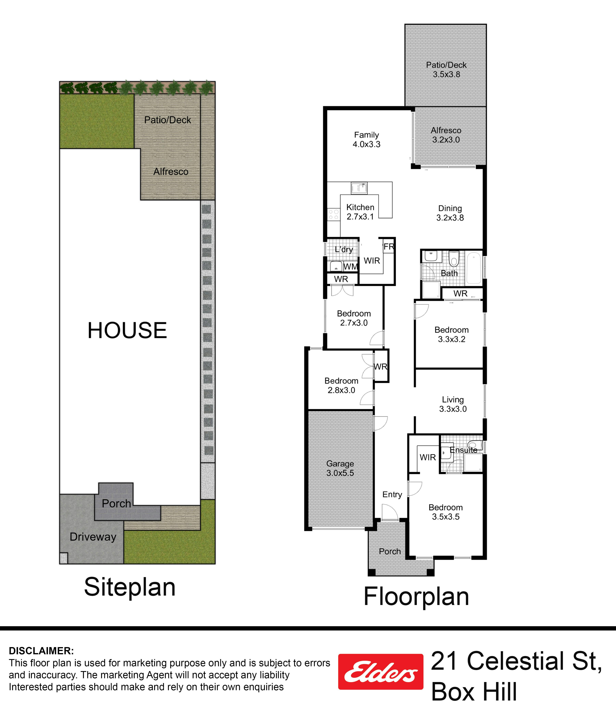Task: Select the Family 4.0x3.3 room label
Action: pyautogui.click(x=367, y=140)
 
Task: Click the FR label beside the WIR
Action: pyautogui.click(x=389, y=247)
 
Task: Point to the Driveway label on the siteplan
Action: pyautogui.click(x=93, y=537)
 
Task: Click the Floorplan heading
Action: pyautogui.click(x=416, y=596)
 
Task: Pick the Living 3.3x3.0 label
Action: pyautogui.click(x=453, y=404)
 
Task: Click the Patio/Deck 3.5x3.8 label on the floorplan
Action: pyautogui.click(x=446, y=69)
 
